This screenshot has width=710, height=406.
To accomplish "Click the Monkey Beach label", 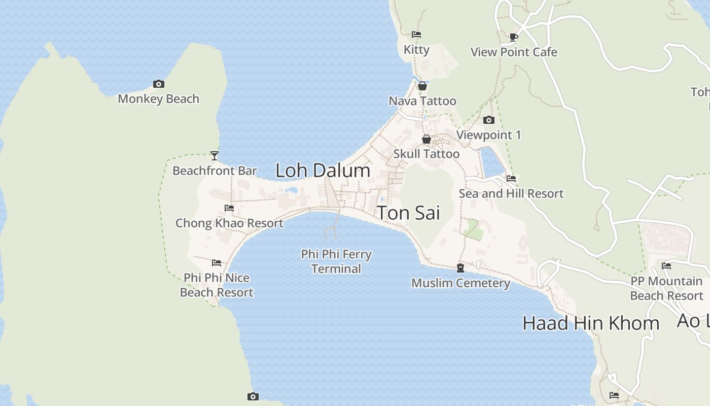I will tap(158, 99).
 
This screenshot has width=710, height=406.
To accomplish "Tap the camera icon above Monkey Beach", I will tap(158, 84).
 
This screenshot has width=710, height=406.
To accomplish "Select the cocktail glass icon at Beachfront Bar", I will tap(215, 156).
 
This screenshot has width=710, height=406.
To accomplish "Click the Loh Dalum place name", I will tap(323, 171).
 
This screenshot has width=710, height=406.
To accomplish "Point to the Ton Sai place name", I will tap(409, 213).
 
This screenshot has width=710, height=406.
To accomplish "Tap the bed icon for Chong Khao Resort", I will tap(229, 208).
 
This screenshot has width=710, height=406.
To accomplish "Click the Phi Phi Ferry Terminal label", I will tap(336, 261).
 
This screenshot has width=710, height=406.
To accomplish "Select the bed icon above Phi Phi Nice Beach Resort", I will tap(217, 263).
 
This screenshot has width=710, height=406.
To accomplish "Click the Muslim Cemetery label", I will tap(460, 283).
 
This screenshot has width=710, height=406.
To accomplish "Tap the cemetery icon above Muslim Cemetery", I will tap(460, 268).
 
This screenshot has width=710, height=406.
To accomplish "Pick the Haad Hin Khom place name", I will tap(591, 323).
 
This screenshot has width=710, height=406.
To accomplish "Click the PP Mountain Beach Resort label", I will tap(666, 288).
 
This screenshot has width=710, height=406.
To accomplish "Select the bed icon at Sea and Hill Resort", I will tap(511, 179).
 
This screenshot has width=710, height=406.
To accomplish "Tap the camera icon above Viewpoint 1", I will tap(489, 120).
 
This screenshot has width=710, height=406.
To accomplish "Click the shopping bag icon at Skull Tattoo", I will tap(427, 139).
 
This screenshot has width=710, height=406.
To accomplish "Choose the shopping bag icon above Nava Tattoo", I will tap(422, 86).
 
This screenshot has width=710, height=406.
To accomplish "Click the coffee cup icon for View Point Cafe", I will tap(514, 37).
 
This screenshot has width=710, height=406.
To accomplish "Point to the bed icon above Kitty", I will tap(416, 35).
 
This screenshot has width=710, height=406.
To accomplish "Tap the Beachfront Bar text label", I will tap(215, 171).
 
